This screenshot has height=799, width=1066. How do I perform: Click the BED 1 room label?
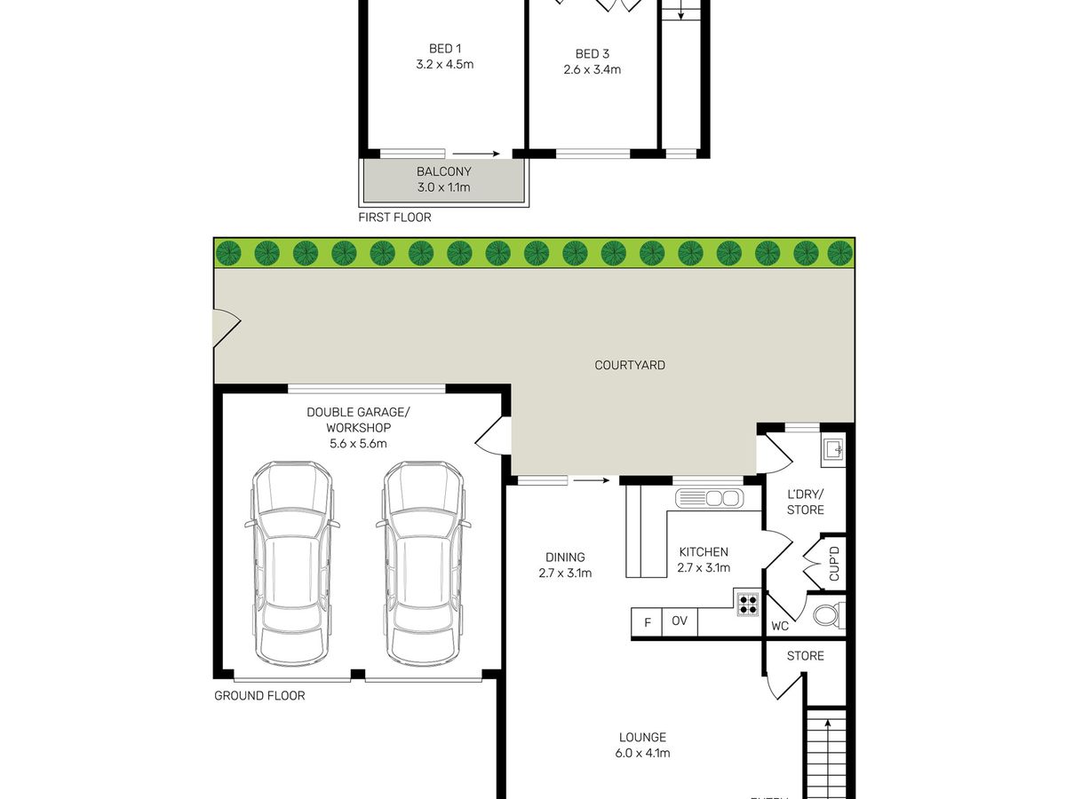tap(445, 49)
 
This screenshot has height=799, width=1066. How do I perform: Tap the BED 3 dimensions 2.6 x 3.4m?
tap(592, 69)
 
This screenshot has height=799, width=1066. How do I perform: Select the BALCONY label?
tap(443, 171)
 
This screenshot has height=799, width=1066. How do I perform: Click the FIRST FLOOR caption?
tap(394, 218)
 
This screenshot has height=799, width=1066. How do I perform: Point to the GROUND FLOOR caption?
tap(259, 696)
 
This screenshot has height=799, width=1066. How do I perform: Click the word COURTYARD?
tap(629, 365)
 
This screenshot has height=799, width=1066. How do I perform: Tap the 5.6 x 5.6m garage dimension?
tap(358, 443)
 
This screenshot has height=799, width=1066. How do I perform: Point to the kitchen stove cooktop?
tap(747, 605)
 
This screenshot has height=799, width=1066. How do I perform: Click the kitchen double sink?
tap(709, 498)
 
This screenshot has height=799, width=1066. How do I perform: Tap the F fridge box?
tap(647, 621)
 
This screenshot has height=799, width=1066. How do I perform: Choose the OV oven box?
tap(680, 621)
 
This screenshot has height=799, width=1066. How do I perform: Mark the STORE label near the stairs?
tap(806, 656)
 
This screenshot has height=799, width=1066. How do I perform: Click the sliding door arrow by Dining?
tap(591, 481)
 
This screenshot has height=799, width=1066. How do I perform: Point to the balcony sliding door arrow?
tap(481, 154)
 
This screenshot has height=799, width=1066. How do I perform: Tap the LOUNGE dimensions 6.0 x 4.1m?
tap(643, 754)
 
